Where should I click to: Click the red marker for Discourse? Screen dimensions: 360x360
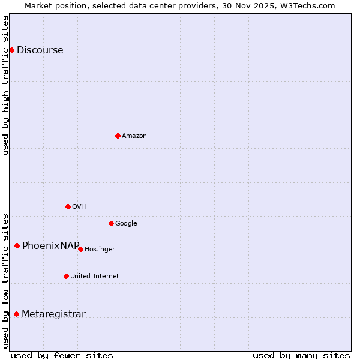pyautogui.click(x=11, y=50)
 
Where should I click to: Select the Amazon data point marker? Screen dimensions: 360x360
pyautogui.click(x=118, y=136)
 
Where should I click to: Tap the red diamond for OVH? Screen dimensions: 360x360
pyautogui.click(x=68, y=206)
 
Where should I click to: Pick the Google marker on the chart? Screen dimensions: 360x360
pyautogui.click(x=111, y=223)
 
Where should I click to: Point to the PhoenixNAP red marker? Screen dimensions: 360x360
pyautogui.click(x=17, y=245)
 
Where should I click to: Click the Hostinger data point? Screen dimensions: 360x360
pyautogui.click(x=80, y=249)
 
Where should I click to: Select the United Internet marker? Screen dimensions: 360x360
pyautogui.click(x=66, y=276)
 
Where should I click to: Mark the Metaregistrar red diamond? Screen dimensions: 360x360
pyautogui.click(x=16, y=314)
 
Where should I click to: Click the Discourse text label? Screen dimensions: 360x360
pyautogui.click(x=40, y=50)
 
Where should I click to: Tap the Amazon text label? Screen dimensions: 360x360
pyautogui.click(x=134, y=136)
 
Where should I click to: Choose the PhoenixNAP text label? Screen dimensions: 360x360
pyautogui.click(x=51, y=246)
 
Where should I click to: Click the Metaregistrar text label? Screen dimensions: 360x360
pyautogui.click(x=54, y=314)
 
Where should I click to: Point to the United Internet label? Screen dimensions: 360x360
pyautogui.click(x=95, y=277)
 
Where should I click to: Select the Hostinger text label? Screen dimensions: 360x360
pyautogui.click(x=100, y=250)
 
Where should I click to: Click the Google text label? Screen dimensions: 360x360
pyautogui.click(x=126, y=224)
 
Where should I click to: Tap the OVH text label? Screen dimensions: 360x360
pyautogui.click(x=79, y=207)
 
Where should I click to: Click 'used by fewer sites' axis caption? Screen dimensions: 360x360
pyautogui.click(x=62, y=355)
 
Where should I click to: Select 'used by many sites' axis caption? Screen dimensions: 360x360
pyautogui.click(x=301, y=355)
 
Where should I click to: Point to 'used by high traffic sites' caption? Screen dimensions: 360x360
pyautogui.click(x=6, y=85)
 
